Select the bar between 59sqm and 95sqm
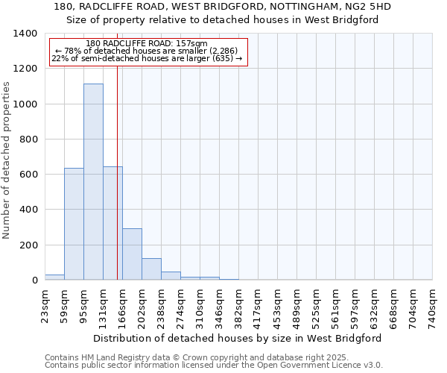tap(74, 224)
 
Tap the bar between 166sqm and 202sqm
tap(132, 254)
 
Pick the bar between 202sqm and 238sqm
tap(151, 269)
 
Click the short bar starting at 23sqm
tap(54, 277)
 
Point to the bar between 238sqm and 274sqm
tap(171, 275)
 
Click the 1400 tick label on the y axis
tap(25, 34)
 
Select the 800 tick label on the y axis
tap(28, 140)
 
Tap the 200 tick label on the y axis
tap(28, 245)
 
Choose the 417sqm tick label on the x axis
tap(259, 306)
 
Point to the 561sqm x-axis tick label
tap(336, 306)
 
